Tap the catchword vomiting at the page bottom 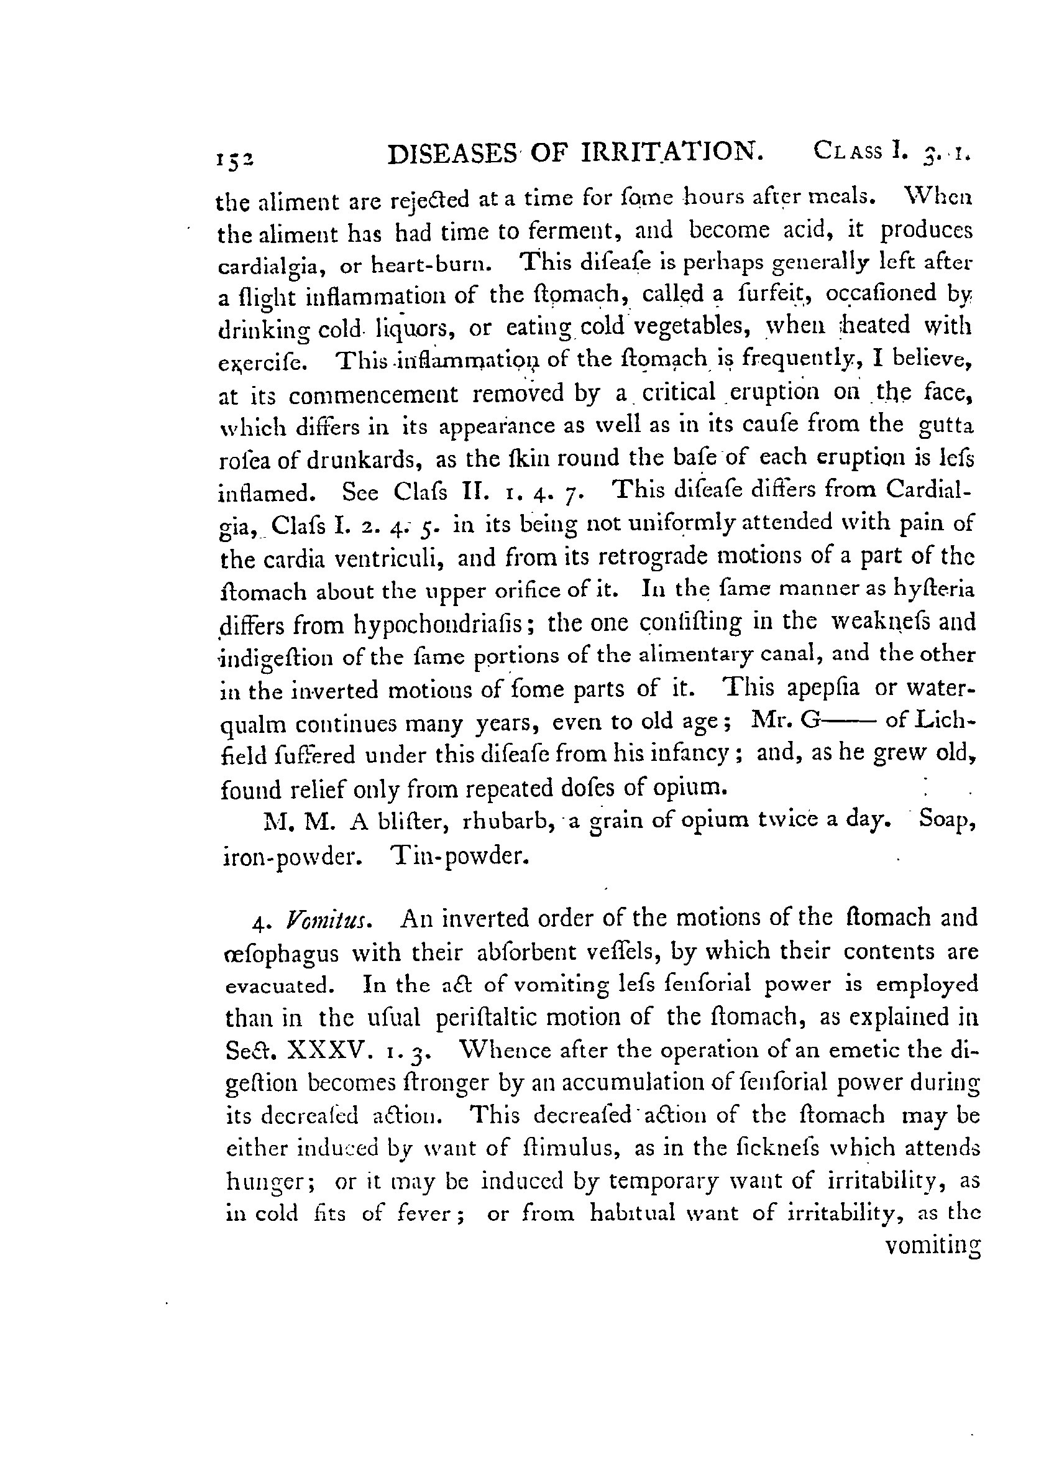[x=932, y=1249]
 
